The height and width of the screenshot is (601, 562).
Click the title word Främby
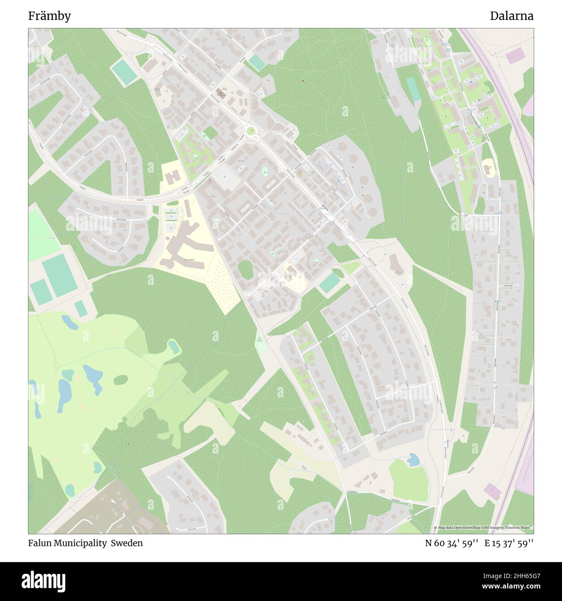pyautogui.click(x=49, y=16)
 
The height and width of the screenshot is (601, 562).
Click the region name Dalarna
pyautogui.click(x=511, y=16)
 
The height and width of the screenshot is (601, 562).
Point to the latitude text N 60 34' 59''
pyautogui.click(x=451, y=543)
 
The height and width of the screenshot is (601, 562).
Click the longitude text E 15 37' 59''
pyautogui.click(x=509, y=543)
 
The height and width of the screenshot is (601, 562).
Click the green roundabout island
pyautogui.click(x=250, y=130)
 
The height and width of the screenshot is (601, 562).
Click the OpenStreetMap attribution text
pyautogui.click(x=484, y=527)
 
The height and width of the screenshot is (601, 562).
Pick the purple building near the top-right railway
pyautogui.click(x=515, y=56)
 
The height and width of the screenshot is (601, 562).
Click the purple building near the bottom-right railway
pyautogui.click(x=492, y=490)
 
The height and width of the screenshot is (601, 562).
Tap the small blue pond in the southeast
pyautogui.click(x=413, y=459)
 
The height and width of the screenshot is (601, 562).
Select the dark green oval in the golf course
pyautogui.click(x=121, y=380)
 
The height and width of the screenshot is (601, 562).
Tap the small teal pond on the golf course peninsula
pyautogui.click(x=174, y=345)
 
